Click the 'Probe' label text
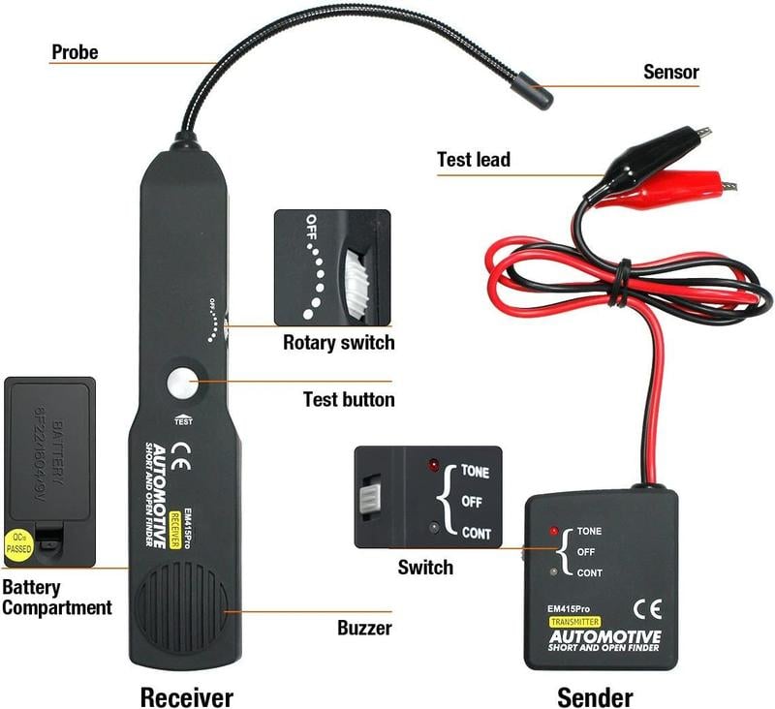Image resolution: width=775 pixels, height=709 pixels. tap(75, 51)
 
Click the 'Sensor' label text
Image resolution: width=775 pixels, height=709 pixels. tap(670, 72)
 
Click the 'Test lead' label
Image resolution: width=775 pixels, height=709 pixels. tap(473, 159)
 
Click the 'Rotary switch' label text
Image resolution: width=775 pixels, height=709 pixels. tap(338, 342)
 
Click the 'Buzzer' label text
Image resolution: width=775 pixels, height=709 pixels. tap(364, 628)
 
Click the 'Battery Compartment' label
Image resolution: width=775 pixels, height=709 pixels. tap(56, 598)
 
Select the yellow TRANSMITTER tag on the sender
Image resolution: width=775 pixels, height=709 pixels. tap(575, 622)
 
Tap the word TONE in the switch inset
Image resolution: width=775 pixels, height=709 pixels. tap(475, 472)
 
